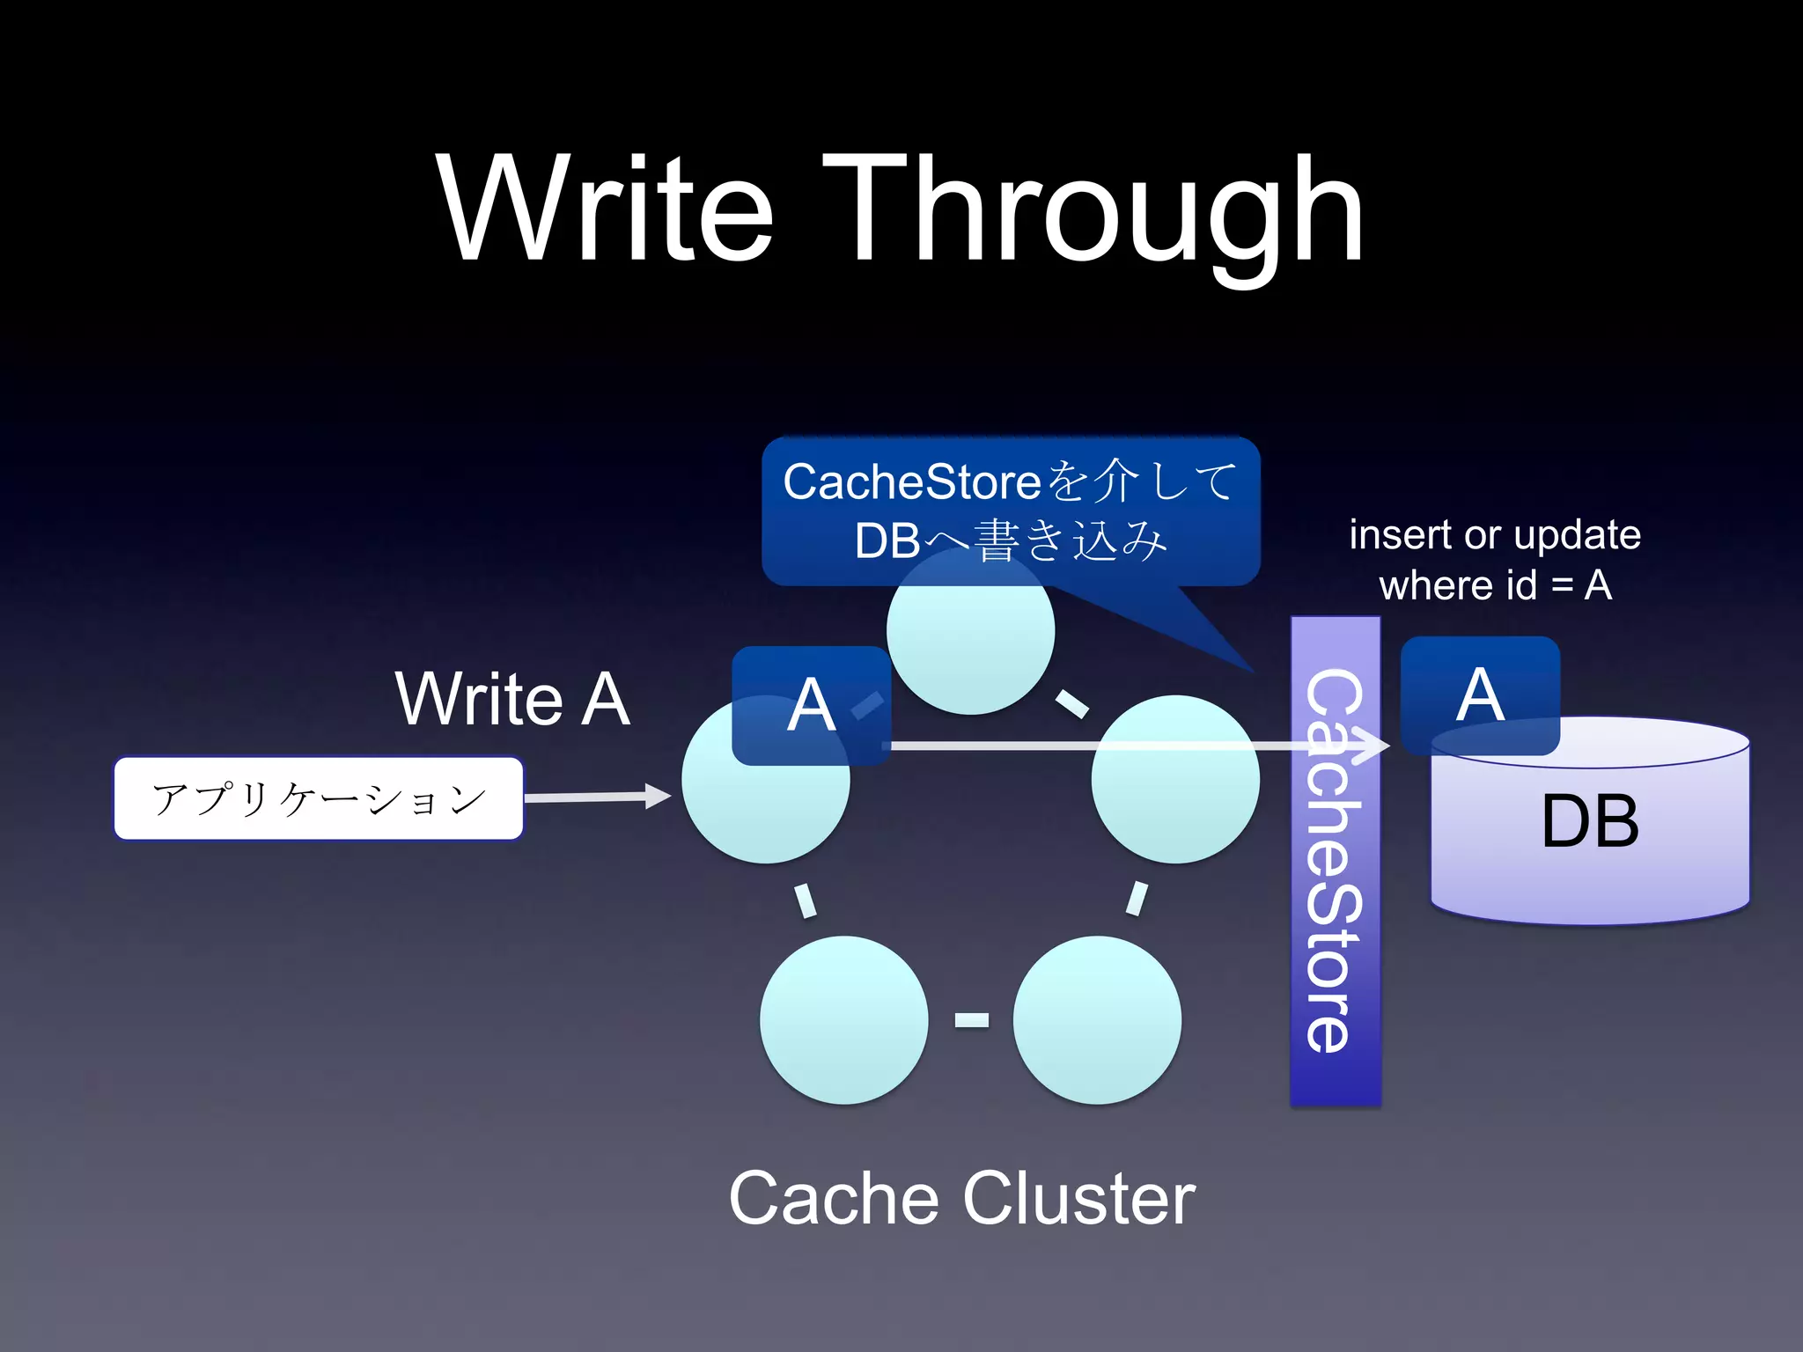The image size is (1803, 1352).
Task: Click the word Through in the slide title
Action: pos(1092,211)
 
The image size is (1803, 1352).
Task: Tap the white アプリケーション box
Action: pos(319,798)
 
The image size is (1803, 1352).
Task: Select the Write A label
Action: pos(512,699)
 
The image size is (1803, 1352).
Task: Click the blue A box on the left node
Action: pos(811,705)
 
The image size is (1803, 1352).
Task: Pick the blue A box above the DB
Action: pos(1480,694)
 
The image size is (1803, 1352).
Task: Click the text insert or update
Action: pos(1495,534)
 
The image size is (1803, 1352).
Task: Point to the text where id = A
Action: pos(1495,585)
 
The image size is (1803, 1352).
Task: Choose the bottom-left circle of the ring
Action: pos(843,1019)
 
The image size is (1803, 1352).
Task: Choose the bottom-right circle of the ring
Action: pos(1097,1019)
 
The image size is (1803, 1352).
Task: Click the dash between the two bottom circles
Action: pos(971,1019)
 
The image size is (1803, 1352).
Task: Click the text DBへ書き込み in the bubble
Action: pos(1011,540)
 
